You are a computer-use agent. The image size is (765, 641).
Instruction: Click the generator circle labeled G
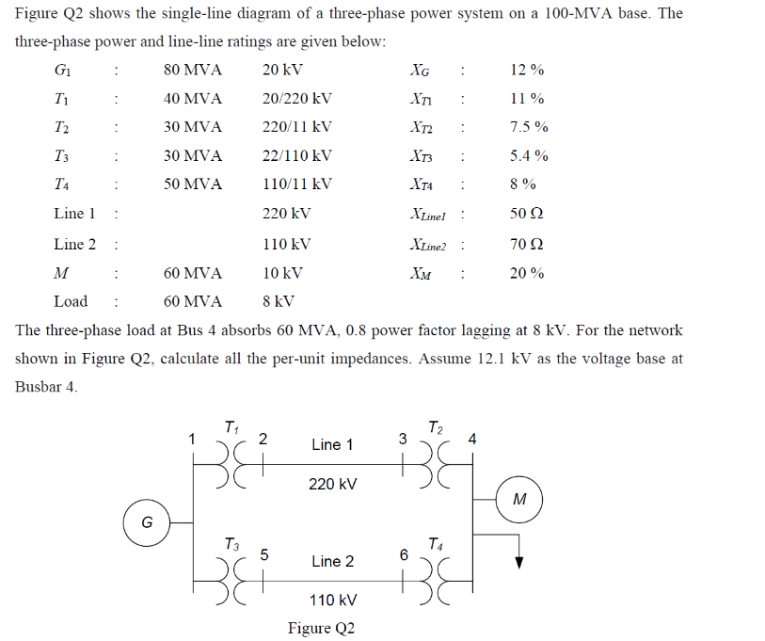(x=147, y=521)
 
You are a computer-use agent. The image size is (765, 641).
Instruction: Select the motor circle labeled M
(x=519, y=500)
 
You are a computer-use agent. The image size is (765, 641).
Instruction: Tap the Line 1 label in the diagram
(x=332, y=444)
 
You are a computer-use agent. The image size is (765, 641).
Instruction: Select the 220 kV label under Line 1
(x=332, y=484)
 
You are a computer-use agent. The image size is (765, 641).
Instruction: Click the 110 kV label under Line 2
(x=332, y=600)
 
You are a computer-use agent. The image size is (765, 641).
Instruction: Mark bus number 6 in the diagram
(x=403, y=555)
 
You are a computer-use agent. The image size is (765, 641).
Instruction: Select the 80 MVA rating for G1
(x=193, y=71)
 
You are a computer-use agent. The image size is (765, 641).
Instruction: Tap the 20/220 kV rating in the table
(x=296, y=99)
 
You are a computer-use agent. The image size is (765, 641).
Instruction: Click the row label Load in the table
(x=71, y=301)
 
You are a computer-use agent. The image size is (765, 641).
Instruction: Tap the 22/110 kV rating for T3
(x=296, y=156)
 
